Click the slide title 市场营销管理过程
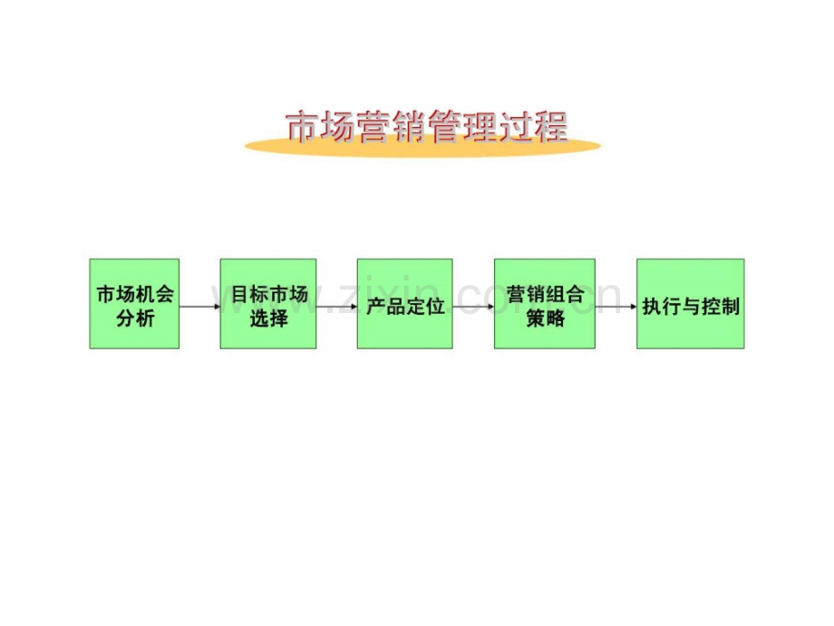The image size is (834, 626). (x=426, y=128)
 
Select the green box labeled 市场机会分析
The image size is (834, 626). (x=134, y=304)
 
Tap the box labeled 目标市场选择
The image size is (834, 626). (x=268, y=304)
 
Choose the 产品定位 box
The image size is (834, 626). (x=404, y=304)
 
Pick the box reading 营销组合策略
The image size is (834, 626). (x=544, y=304)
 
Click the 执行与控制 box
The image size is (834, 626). (x=691, y=304)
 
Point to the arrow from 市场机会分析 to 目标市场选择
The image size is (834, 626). (x=199, y=307)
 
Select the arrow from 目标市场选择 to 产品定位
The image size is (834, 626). (x=336, y=307)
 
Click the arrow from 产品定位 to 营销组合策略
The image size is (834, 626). (x=472, y=307)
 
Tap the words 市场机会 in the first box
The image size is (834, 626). (x=135, y=295)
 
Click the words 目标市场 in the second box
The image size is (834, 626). (x=269, y=295)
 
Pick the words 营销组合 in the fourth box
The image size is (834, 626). (x=544, y=295)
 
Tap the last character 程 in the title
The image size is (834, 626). (x=550, y=128)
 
